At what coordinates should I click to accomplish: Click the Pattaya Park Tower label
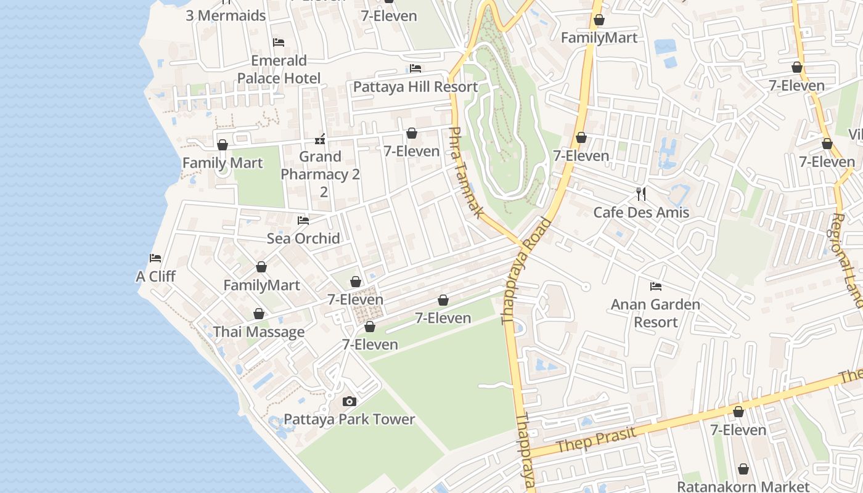click(x=349, y=420)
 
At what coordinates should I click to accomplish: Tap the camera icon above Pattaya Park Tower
click(x=349, y=402)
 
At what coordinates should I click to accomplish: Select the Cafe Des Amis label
click(x=641, y=213)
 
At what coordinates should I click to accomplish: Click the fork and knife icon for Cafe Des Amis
click(x=641, y=194)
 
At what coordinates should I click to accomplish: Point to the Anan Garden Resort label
click(x=655, y=313)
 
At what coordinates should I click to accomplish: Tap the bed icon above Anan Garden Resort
click(x=656, y=287)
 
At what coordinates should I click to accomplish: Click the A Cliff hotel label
click(x=155, y=276)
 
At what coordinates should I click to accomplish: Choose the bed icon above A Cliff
click(x=155, y=258)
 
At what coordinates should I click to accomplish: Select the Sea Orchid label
click(x=303, y=238)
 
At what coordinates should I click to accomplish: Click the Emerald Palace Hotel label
click(x=279, y=69)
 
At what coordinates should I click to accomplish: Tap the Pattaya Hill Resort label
click(x=415, y=87)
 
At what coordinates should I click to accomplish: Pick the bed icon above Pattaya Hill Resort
click(x=415, y=68)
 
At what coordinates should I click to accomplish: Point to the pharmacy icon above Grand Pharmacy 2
click(x=320, y=139)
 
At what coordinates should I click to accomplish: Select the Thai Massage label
click(x=259, y=332)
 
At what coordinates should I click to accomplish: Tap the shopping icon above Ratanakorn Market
click(x=743, y=469)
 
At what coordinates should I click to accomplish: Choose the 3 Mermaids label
click(x=226, y=15)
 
